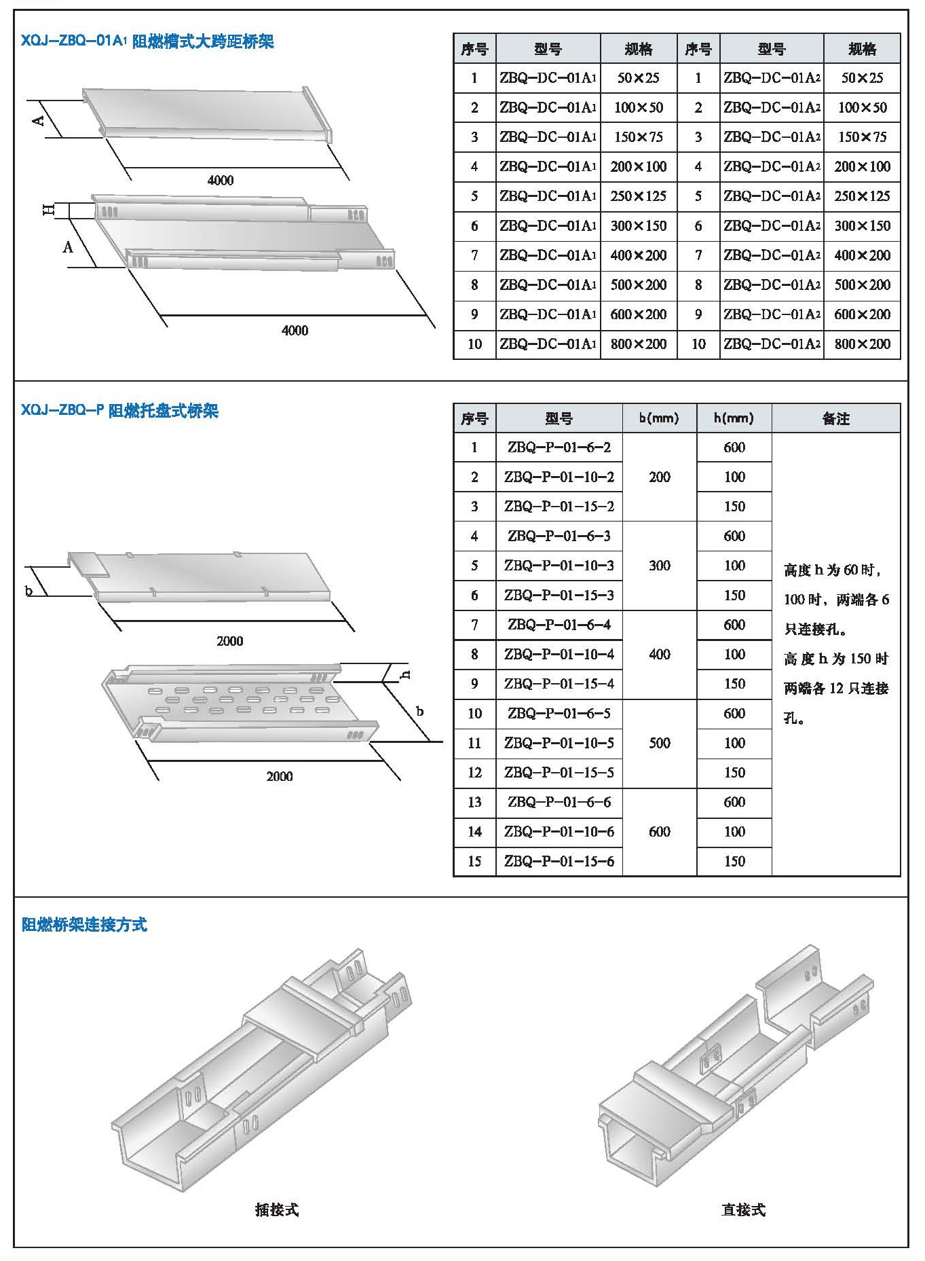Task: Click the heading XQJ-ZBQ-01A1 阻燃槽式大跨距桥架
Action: click(x=147, y=41)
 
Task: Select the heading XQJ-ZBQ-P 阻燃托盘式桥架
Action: click(x=119, y=411)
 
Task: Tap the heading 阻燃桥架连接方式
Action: click(x=84, y=924)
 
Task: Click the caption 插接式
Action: click(x=277, y=1209)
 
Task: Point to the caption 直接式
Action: click(x=743, y=1209)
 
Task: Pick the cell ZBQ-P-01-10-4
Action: click(x=559, y=654)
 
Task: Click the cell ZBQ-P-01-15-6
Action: click(x=559, y=861)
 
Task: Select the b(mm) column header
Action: click(x=659, y=418)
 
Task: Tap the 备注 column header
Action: click(x=835, y=418)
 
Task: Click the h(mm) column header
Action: click(x=734, y=418)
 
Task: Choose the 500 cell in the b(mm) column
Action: click(x=659, y=743)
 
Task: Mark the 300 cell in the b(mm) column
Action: click(x=659, y=566)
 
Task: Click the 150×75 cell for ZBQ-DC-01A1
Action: click(x=638, y=137)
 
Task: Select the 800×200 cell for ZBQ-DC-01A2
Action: click(x=862, y=344)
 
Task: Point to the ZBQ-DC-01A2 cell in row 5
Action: click(x=772, y=196)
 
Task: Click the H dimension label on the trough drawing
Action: click(x=49, y=210)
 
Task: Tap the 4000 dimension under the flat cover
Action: click(x=221, y=180)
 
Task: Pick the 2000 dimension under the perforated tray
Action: click(x=280, y=776)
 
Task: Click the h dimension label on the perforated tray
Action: click(x=406, y=674)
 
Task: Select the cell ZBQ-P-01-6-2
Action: click(x=559, y=447)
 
